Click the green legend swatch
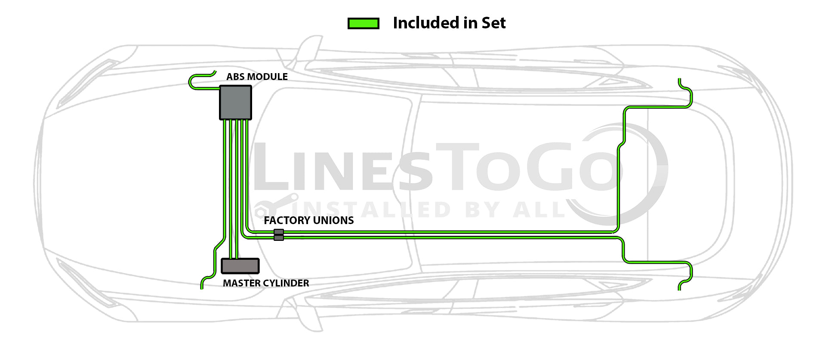(363, 23)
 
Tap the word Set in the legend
(493, 23)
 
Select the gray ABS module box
(235, 102)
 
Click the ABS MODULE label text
(257, 77)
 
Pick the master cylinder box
(240, 266)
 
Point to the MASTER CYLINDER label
(266, 283)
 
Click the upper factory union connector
(279, 232)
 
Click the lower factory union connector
(279, 238)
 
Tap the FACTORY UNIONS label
(308, 220)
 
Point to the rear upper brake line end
(679, 80)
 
